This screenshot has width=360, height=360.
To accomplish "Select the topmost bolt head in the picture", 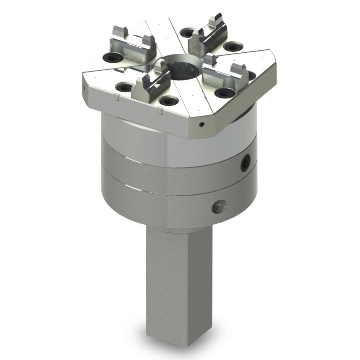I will click(187, 32).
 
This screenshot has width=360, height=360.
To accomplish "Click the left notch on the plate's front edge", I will click(116, 98).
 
